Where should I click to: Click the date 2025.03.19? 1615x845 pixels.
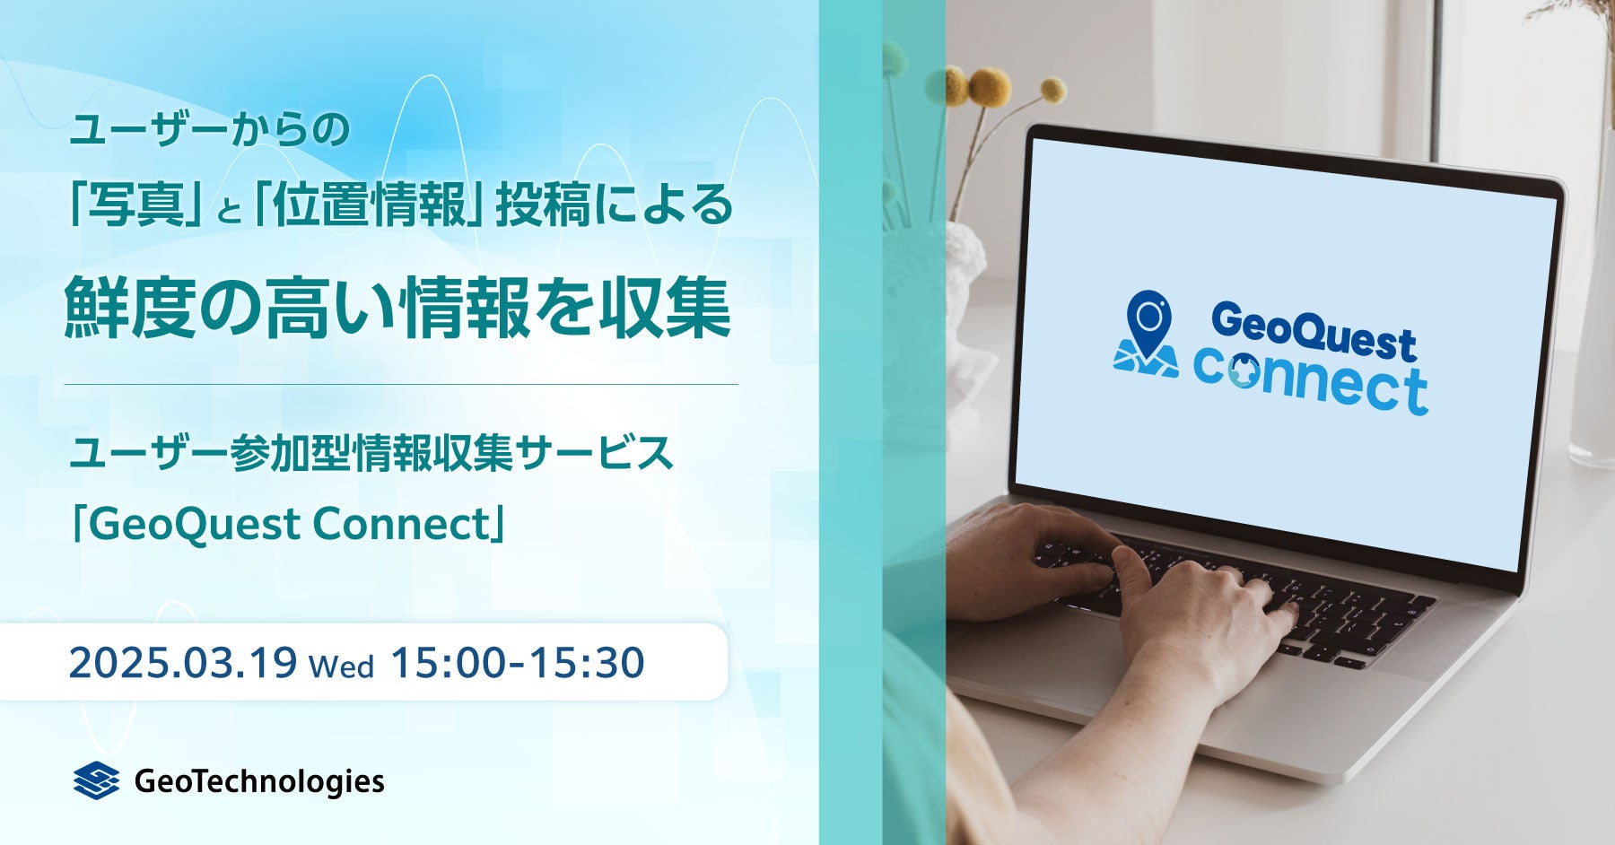click(183, 664)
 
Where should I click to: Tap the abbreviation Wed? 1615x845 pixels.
click(341, 667)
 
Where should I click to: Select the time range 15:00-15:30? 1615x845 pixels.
click(518, 664)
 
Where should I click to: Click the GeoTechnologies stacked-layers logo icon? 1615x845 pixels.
click(96, 780)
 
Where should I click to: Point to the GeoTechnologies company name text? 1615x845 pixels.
click(259, 781)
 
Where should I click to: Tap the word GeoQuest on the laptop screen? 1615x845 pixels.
click(1314, 332)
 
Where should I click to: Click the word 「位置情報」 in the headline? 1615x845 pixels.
click(362, 207)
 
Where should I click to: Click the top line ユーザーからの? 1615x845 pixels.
click(209, 131)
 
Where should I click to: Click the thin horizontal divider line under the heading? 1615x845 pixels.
click(401, 384)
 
